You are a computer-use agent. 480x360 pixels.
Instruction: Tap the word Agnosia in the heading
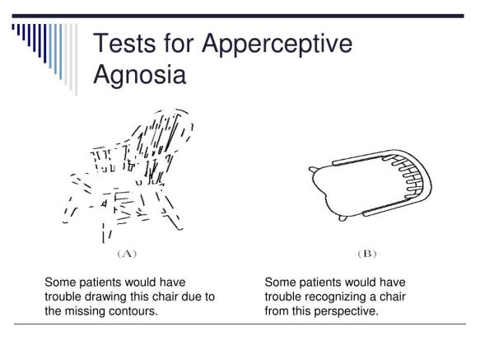pos(140,75)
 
